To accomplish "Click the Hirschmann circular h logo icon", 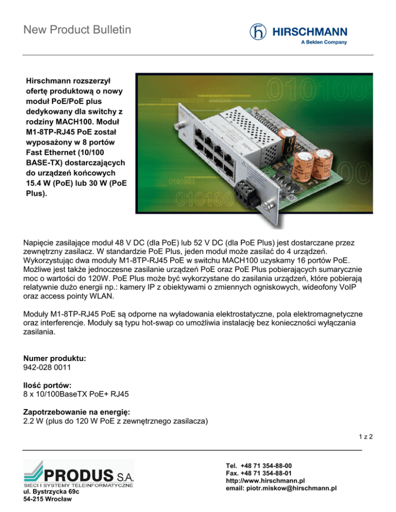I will tap(259, 32).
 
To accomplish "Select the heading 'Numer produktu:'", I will tap(55, 356).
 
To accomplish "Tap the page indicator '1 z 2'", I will tap(366, 437).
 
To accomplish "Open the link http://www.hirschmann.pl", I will tap(266, 480).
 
